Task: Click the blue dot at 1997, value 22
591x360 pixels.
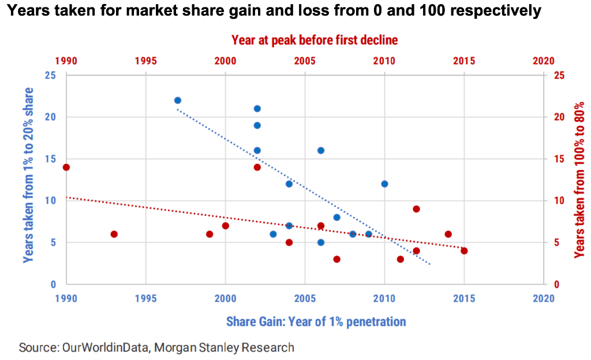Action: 178,100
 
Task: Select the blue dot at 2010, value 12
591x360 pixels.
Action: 384,184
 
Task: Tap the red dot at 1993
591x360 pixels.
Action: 114,234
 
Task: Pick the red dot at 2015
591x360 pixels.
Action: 464,251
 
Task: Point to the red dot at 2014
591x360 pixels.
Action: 448,234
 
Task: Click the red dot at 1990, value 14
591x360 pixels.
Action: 66,167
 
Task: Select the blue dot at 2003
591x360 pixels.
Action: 273,234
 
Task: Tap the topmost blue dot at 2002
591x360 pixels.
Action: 257,108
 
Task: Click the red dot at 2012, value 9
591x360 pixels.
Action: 416,209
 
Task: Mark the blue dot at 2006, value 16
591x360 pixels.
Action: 321,151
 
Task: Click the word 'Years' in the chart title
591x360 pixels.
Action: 27,11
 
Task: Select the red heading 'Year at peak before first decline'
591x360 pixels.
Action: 315,40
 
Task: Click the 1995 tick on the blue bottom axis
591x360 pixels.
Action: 145,298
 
